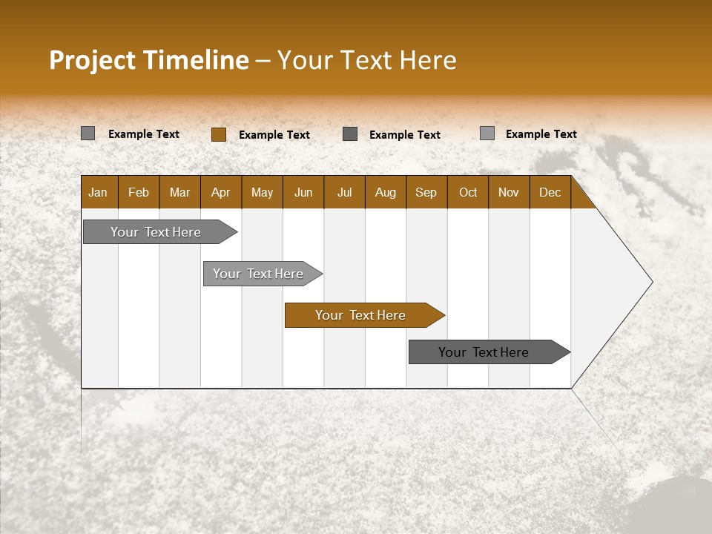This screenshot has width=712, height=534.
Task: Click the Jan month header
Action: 98,192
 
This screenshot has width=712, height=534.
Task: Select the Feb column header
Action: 139,192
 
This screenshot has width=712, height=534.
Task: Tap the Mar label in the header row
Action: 179,192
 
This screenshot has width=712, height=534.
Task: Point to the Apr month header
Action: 220,192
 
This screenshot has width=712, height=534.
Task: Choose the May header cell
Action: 262,192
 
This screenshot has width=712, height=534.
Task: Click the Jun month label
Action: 303,192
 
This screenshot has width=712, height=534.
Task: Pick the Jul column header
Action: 344,192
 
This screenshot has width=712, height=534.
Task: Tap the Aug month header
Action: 385,192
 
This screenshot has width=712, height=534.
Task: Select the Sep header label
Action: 426,192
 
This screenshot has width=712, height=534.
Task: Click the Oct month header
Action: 468,192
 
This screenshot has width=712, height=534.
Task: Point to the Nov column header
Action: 509,192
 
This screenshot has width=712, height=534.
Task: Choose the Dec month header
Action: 550,192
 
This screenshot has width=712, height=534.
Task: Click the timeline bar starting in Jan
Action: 156,232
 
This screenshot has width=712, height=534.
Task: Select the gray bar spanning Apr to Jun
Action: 258,274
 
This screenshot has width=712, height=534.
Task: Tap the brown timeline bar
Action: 360,315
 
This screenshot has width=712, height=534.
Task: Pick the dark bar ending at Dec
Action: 484,352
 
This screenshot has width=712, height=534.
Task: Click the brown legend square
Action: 218,134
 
